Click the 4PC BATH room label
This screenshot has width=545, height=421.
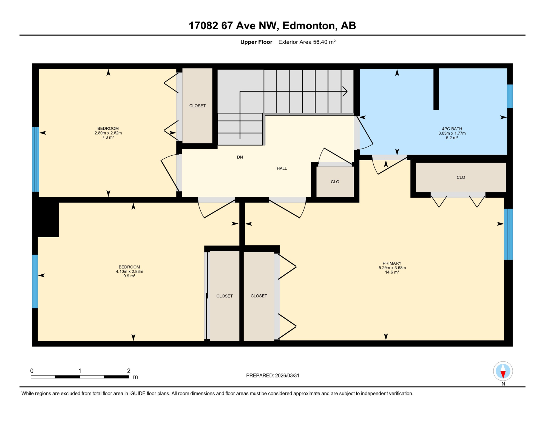point(452,129)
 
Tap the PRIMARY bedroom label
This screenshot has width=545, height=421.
point(392,263)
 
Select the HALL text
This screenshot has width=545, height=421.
point(282,168)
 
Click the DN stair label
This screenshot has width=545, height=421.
point(240,157)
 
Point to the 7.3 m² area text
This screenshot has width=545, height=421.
point(108,137)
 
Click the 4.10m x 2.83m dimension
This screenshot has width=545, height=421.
point(129,271)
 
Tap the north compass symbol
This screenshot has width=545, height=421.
point(503,371)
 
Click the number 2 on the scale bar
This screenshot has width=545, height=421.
point(129,371)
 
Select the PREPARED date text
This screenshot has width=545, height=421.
point(272,376)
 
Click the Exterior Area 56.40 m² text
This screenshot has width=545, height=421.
point(307,42)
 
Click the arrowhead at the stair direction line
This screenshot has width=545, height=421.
point(345,91)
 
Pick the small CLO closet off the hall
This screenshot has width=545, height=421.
point(335,182)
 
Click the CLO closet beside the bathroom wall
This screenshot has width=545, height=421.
point(461,177)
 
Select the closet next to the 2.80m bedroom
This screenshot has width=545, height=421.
point(197,106)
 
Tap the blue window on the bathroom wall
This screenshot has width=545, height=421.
point(510,96)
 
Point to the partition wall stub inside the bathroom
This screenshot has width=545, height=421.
point(436,89)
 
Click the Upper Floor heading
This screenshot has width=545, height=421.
point(256,42)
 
